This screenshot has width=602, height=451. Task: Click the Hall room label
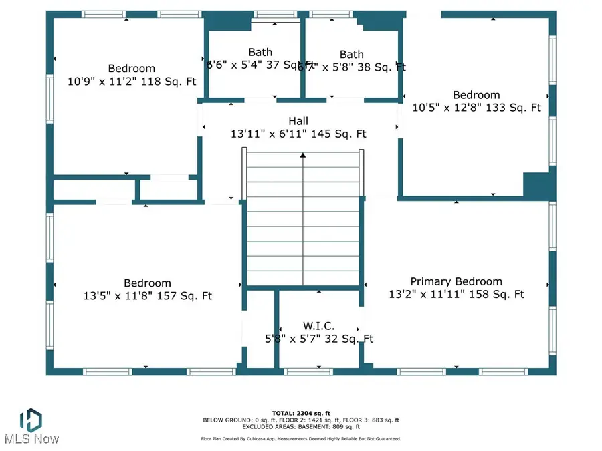(298, 121)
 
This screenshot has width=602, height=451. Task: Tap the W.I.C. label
(318, 326)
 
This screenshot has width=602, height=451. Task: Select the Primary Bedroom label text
(456, 281)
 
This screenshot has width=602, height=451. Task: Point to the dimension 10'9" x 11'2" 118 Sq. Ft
(131, 81)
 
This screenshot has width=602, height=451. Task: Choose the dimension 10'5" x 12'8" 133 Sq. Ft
(476, 107)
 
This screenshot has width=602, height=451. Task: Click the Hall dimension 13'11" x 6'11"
(298, 134)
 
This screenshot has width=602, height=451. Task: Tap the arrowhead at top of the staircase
(303, 156)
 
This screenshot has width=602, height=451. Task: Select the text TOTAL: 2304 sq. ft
(301, 413)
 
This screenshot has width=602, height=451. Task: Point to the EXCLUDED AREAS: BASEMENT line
(301, 426)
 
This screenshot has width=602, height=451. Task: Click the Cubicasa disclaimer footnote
(301, 439)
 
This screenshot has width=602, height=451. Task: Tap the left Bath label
(260, 52)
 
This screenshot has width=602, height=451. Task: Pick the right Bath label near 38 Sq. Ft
(351, 54)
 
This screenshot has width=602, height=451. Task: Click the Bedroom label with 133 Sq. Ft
(476, 95)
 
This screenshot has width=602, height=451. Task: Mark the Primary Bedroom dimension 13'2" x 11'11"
(456, 294)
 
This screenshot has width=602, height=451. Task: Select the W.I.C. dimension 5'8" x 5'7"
(318, 339)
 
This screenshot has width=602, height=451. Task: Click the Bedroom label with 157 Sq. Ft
(147, 283)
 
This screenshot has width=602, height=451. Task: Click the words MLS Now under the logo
(31, 439)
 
